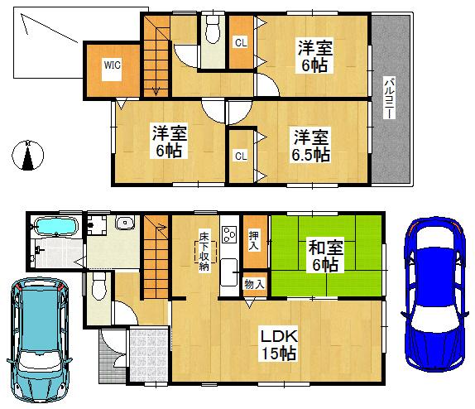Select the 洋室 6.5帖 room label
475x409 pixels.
(310, 146)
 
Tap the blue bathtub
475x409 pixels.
(55, 226)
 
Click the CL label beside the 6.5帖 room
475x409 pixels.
(239, 155)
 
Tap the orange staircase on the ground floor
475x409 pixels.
(154, 257)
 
